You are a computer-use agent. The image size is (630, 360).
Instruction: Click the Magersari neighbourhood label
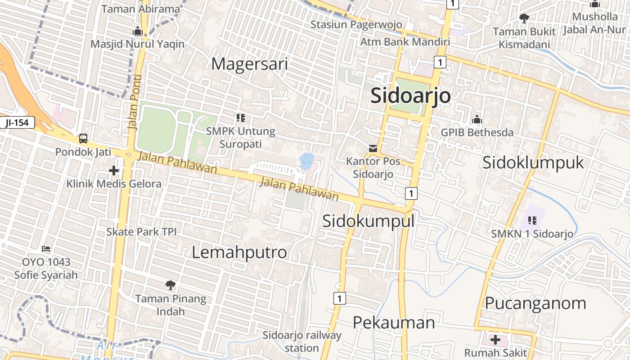pos(249,64)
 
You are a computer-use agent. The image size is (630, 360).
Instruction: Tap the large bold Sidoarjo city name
pos(410,96)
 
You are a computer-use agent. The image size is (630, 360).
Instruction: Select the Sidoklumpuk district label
pos(533,162)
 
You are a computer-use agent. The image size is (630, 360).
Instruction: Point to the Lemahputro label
pos(239,252)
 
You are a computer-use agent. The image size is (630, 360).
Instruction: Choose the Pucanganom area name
pos(535,303)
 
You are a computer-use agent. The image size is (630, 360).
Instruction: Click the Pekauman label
pos(393,322)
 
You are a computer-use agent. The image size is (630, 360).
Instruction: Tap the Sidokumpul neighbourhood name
pos(368,220)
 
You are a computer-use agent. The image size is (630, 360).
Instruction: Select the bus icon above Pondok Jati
pos(83,138)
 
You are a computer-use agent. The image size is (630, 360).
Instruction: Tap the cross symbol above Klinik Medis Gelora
pos(114,171)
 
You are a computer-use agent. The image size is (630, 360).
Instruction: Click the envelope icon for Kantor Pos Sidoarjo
pos(373,148)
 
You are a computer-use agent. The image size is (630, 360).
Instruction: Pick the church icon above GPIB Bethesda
pos(477,120)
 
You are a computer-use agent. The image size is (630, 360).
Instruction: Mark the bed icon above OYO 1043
pos(45,249)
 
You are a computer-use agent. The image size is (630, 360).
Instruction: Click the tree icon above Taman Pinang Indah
pos(170,285)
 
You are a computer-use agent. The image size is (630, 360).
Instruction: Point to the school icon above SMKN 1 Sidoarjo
pos(532,220)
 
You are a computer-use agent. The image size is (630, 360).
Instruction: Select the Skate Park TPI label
pos(141,232)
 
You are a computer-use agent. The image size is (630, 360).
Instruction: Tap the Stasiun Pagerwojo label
pos(356,24)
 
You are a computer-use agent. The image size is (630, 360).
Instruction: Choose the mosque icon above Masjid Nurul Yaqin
pos(137,31)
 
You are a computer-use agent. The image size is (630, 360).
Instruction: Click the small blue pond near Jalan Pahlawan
pos(307,161)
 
